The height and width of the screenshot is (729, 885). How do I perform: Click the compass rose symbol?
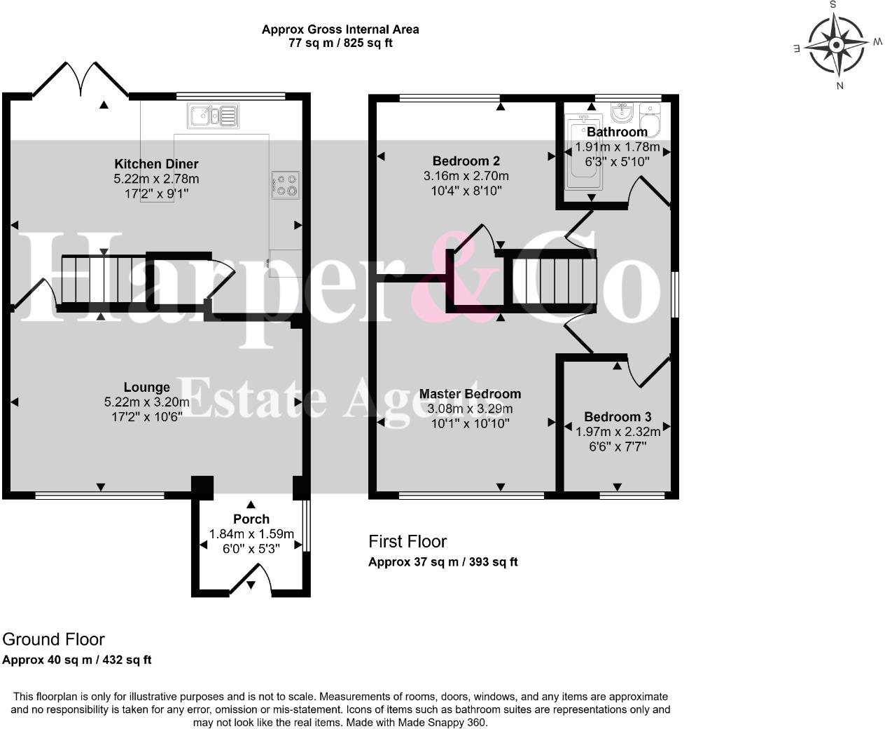[837, 46]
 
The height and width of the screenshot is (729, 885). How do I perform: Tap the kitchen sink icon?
[214, 115]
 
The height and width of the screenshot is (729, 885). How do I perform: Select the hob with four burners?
[286, 184]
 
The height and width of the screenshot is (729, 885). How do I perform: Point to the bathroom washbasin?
[622, 112]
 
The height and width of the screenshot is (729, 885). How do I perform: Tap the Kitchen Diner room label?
[156, 164]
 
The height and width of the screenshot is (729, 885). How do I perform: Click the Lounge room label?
[146, 387]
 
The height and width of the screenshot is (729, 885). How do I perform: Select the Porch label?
[251, 519]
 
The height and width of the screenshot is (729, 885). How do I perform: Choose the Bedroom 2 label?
[466, 161]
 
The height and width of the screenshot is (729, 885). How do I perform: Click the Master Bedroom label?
[470, 394]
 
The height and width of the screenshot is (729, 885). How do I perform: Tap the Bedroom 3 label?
[618, 417]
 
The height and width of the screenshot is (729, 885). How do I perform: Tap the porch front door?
[251, 581]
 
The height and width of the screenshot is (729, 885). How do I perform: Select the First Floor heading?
[407, 542]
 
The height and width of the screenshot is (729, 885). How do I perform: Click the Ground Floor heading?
[53, 639]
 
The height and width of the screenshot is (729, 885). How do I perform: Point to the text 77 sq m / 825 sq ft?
[340, 43]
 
